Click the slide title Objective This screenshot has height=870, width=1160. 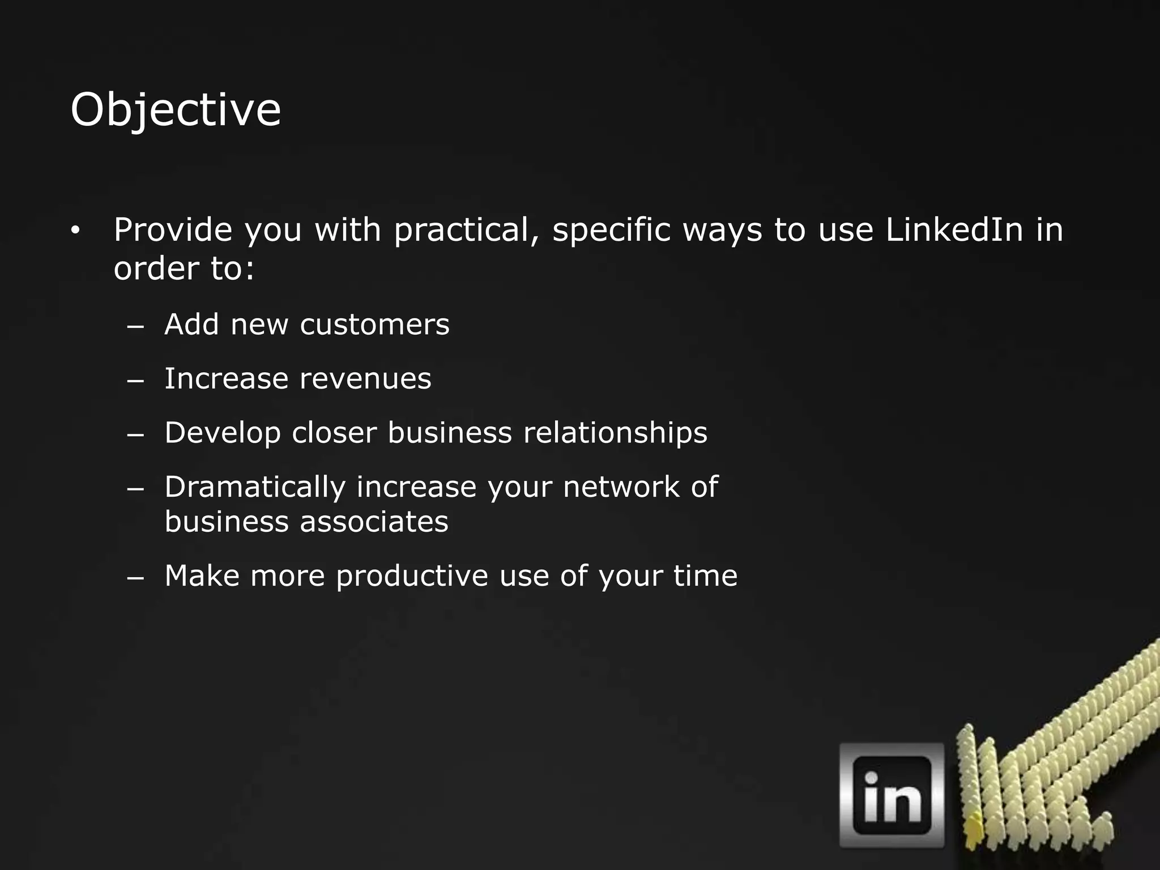click(x=176, y=110)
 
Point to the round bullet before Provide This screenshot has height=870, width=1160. click(x=76, y=231)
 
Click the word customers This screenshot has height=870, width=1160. click(x=374, y=325)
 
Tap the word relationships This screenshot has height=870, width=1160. click(x=615, y=433)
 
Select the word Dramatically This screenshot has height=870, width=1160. click(x=255, y=487)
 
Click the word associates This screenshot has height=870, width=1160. click(x=374, y=521)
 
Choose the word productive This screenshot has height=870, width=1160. click(x=412, y=576)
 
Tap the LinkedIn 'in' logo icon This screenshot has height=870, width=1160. click(x=892, y=795)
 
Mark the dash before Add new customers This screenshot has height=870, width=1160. click(x=136, y=326)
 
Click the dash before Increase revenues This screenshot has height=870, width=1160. click(x=136, y=381)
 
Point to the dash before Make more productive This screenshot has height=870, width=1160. click(x=136, y=578)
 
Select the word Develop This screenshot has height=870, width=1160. click(x=223, y=433)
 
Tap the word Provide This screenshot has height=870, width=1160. click(x=173, y=230)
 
